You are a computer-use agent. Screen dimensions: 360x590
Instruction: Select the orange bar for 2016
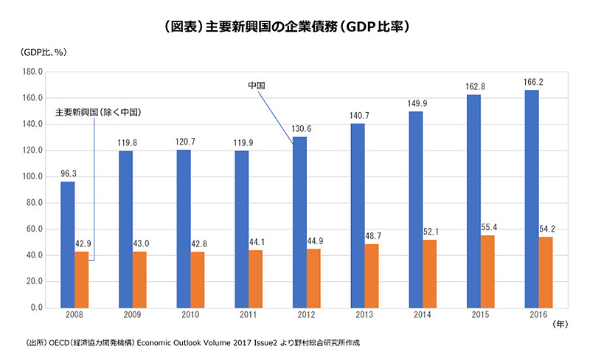546,271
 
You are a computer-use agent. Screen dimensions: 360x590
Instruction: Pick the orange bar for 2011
255,279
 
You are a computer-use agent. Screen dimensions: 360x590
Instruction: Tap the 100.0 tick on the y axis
34,177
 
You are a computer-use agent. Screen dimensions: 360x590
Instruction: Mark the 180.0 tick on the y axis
34,72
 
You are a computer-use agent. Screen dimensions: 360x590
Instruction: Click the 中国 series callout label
256,86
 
